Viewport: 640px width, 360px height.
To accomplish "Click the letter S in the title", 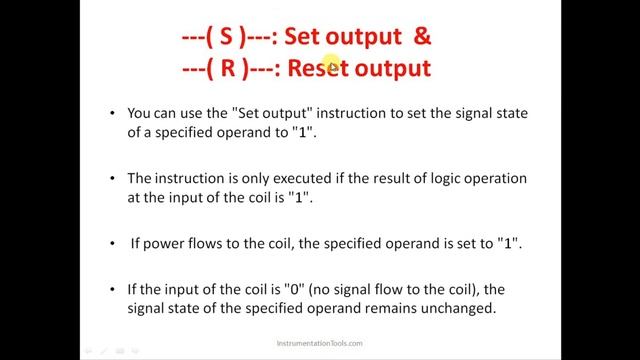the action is point(227,38).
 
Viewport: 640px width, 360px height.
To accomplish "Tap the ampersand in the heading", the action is point(422,38).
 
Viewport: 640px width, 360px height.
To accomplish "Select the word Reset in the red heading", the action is point(317,68).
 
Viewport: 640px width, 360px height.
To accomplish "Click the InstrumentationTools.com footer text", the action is point(319,343).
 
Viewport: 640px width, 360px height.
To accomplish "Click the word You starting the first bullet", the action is point(141,115).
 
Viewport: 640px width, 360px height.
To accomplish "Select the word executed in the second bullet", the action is point(294,179).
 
